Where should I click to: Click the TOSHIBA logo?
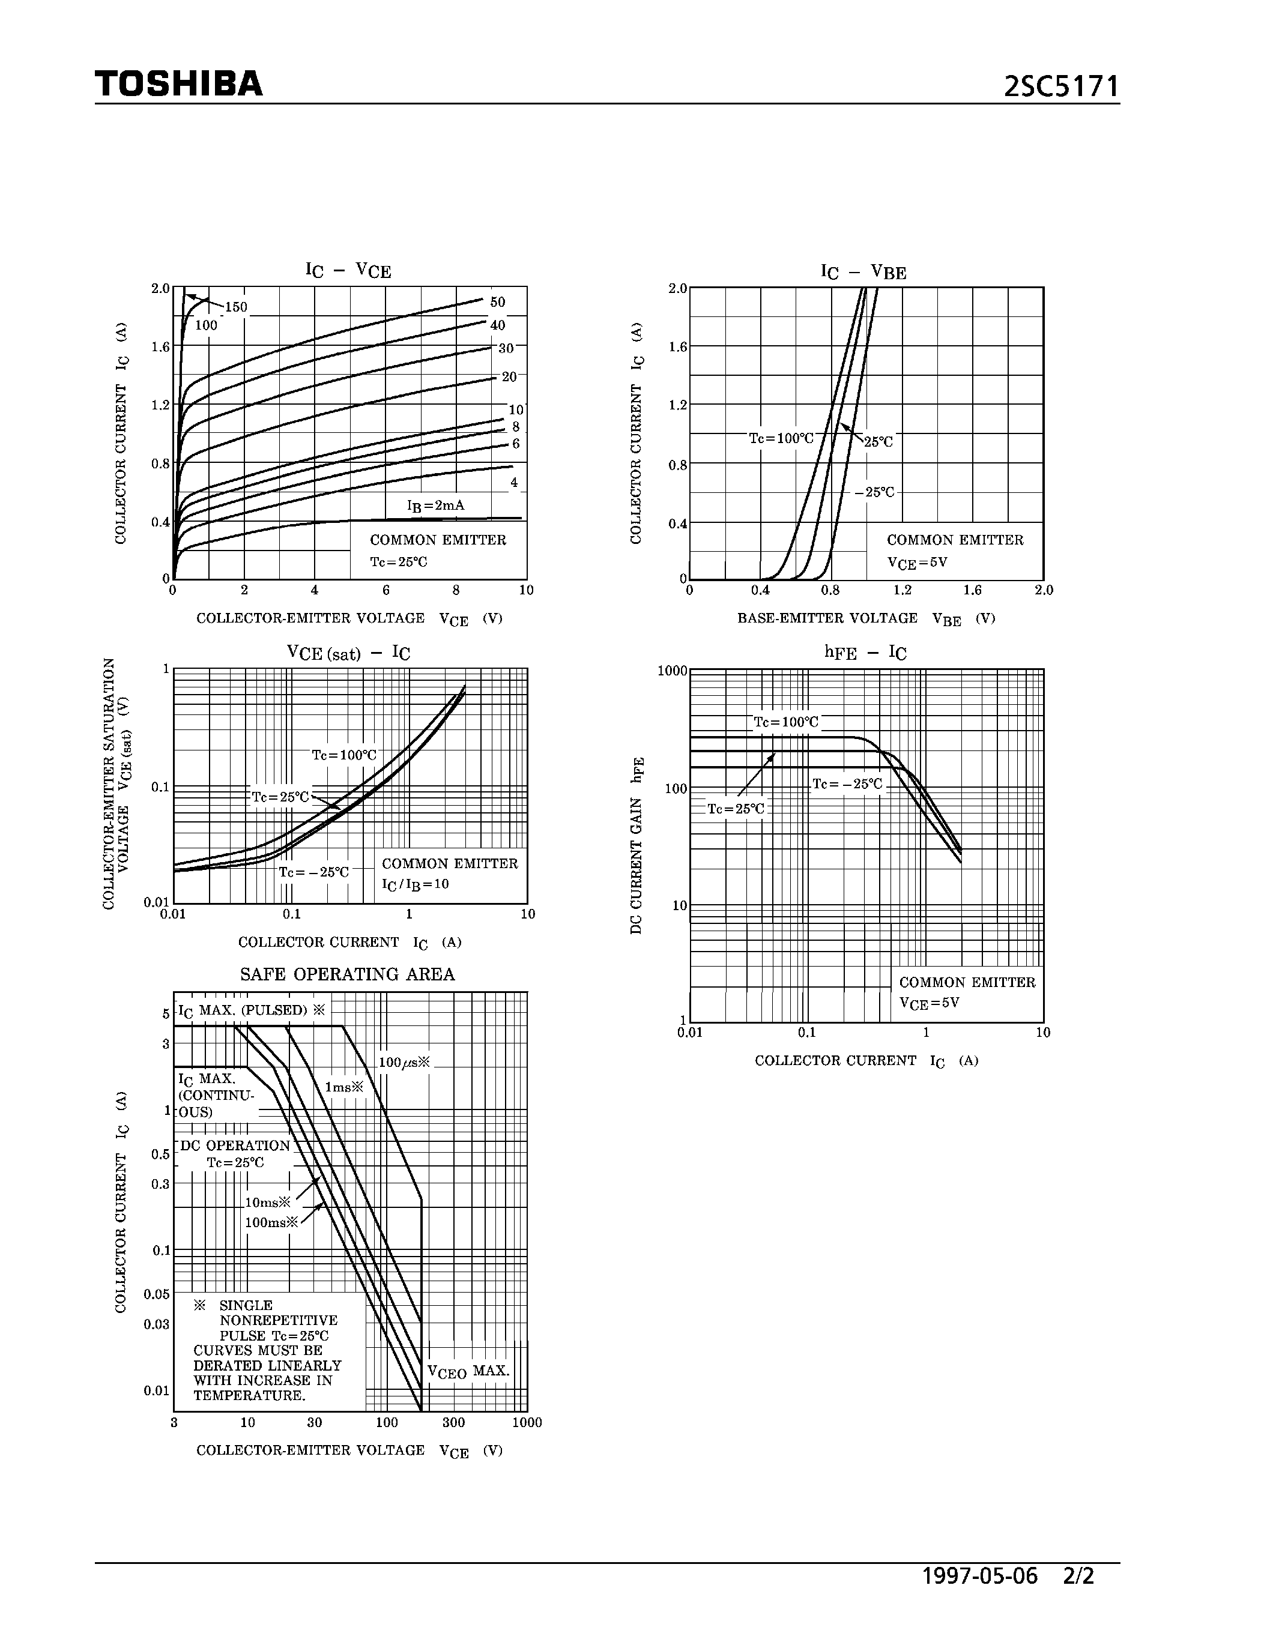pyautogui.click(x=178, y=84)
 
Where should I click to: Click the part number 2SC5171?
pyautogui.click(x=1060, y=87)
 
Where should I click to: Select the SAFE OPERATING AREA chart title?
pyautogui.click(x=348, y=974)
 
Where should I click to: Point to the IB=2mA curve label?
pyautogui.click(x=435, y=505)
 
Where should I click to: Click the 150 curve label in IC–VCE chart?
pyautogui.click(x=236, y=307)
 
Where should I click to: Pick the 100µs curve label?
pyautogui.click(x=404, y=1062)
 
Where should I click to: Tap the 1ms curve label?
pyautogui.click(x=344, y=1087)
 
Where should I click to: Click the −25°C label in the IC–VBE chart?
pyautogui.click(x=875, y=492)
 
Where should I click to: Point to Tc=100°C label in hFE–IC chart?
pyautogui.click(x=786, y=722)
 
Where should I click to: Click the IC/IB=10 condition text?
pyautogui.click(x=415, y=884)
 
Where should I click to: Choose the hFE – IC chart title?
pyautogui.click(x=865, y=653)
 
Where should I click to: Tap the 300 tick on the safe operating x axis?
pyautogui.click(x=453, y=1423)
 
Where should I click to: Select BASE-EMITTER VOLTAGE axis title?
pyautogui.click(x=827, y=618)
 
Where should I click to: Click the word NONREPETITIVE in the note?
pyautogui.click(x=278, y=1321)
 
